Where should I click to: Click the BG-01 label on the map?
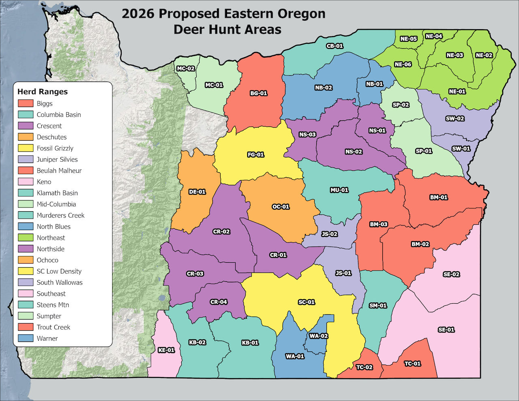pos(258,93)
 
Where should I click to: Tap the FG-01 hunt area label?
pos(255,154)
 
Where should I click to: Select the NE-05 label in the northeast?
pos(408,39)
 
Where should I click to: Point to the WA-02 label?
pos(318,336)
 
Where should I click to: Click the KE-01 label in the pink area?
pos(166,350)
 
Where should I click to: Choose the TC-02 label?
pos(364,367)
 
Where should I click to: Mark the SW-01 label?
pos(461,148)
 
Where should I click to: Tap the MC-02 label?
pos(185,69)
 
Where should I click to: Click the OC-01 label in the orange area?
pos(281,206)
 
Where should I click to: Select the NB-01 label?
pos(374,84)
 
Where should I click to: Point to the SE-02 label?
pos(451,274)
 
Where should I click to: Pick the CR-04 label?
pos(219,302)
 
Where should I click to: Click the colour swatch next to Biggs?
pos(26,103)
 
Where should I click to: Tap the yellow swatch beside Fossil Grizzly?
pos(26,148)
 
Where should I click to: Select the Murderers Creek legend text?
pos(60,215)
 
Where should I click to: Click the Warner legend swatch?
pos(26,338)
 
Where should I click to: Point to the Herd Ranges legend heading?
pos(42,92)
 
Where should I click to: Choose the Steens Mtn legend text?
pos(53,305)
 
